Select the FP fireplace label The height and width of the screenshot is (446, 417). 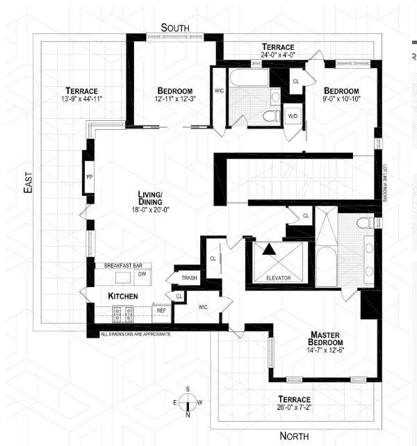coord(89,176)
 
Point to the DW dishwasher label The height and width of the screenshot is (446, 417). coord(142,274)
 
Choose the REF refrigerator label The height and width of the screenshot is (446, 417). coord(161,311)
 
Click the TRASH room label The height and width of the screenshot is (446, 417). coord(189,278)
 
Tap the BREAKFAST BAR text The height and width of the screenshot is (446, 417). coord(128,265)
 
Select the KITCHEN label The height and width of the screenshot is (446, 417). coord(122,297)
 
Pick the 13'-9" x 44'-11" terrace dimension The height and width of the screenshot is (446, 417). coord(82,99)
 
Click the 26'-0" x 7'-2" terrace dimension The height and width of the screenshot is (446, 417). coord(300,408)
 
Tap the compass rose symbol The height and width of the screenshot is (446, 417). coord(187,402)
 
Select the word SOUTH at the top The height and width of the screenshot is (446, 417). coord(176,27)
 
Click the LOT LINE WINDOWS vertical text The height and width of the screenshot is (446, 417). coord(384,183)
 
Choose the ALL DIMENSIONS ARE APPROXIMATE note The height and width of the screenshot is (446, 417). coord(136,334)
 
